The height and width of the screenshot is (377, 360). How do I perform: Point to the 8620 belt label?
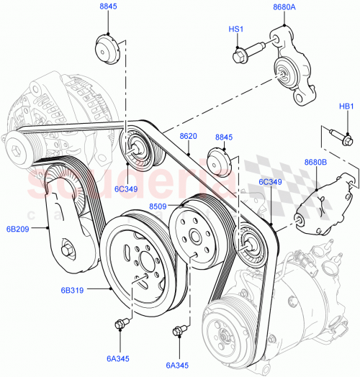click(x=188, y=136)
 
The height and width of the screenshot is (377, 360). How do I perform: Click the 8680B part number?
click(x=315, y=163)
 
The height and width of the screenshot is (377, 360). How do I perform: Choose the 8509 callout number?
click(x=159, y=207)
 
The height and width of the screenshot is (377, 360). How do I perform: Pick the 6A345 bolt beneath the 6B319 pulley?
click(x=120, y=323)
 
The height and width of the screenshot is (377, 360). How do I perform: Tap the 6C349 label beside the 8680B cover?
click(x=271, y=182)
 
